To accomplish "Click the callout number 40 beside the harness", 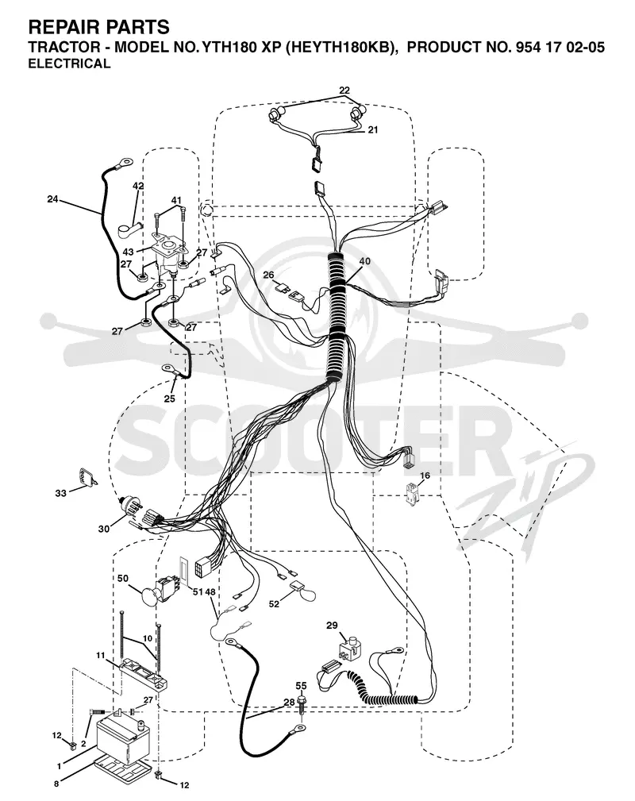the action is (x=365, y=261).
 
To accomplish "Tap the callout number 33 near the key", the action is (x=61, y=494).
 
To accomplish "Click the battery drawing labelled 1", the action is (x=123, y=733).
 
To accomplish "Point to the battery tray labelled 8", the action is (x=122, y=763).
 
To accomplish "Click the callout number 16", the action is (x=425, y=476).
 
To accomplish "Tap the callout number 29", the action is (x=332, y=625).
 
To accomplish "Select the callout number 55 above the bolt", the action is (x=302, y=686).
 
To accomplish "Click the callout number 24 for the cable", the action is (x=52, y=199).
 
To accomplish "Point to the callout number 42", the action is (x=138, y=186).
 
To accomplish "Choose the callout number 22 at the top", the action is (x=344, y=90).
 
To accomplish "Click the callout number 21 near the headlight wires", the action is (x=373, y=129).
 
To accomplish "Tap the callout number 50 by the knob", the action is (x=123, y=578).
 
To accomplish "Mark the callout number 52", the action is (x=275, y=604).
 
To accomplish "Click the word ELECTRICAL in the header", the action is (x=70, y=64).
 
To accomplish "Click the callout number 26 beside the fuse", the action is (x=269, y=275).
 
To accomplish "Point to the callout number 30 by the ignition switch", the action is (x=104, y=529).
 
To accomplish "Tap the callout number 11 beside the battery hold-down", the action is (x=101, y=655).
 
